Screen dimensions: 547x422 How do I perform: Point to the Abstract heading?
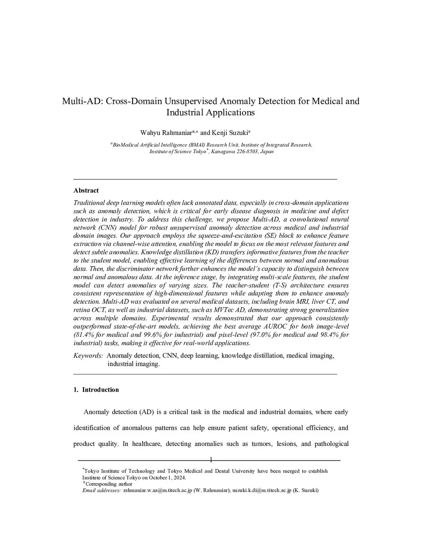86,190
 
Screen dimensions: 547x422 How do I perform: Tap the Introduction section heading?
100,390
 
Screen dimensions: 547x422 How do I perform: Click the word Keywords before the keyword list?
88,355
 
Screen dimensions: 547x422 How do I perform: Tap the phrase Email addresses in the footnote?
101,490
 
